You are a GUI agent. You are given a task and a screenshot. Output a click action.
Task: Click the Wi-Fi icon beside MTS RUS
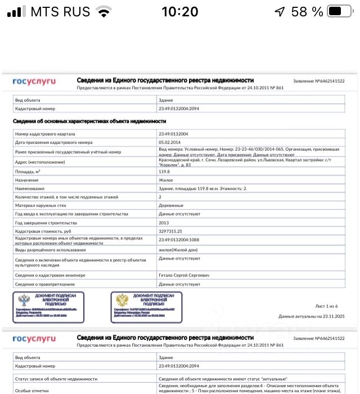(104, 11)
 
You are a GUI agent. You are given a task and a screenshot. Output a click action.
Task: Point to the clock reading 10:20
(180, 11)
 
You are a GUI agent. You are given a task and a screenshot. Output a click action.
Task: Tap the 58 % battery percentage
(307, 11)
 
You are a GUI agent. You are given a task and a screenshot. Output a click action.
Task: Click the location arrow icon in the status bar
(279, 11)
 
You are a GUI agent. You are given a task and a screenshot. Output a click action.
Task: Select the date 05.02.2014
(170, 142)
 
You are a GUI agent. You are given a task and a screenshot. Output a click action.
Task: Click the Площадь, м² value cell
(164, 171)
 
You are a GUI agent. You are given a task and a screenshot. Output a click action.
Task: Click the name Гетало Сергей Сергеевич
(184, 275)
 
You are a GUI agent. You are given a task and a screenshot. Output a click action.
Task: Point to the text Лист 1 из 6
(326, 306)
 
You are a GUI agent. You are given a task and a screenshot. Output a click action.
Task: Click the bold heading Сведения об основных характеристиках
(89, 121)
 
